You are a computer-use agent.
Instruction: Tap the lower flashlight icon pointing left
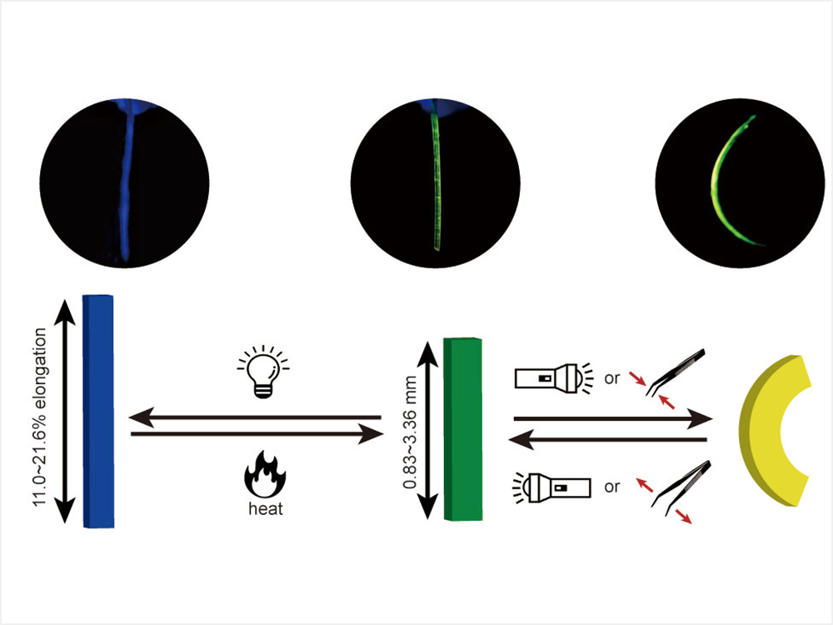(x=552, y=484)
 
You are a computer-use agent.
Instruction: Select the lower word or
(x=612, y=487)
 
